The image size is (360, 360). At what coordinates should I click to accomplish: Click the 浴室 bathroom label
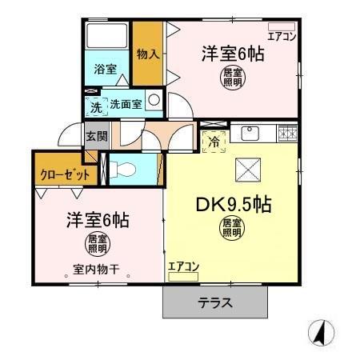(106, 69)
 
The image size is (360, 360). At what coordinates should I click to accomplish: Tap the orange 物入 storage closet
(147, 54)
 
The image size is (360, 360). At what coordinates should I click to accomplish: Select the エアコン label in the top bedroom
(282, 36)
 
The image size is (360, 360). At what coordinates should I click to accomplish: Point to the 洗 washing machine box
(95, 106)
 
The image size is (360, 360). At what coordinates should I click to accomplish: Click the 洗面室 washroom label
(125, 104)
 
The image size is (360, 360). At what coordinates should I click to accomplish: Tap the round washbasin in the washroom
(154, 102)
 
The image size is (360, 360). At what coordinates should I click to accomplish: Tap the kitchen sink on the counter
(250, 132)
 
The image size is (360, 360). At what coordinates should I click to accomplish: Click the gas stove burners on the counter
(287, 133)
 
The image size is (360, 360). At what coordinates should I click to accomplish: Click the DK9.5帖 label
(234, 204)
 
